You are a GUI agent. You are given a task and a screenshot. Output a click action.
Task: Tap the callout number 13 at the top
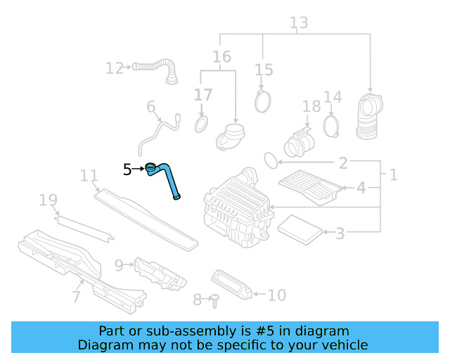[x=299, y=23]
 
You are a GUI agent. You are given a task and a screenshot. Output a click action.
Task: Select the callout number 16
[x=221, y=56]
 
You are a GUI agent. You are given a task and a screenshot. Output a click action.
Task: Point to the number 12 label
[x=115, y=68]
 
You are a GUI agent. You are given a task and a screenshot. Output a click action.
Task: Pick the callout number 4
[x=361, y=188]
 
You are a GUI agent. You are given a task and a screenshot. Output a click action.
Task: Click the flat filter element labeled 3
[x=300, y=227]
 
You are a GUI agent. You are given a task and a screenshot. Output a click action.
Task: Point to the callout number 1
[x=393, y=174]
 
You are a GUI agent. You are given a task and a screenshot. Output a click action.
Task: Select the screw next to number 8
[x=213, y=300]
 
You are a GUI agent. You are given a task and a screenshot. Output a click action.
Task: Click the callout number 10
[x=277, y=295]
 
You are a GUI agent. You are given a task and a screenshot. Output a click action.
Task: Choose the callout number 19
[x=48, y=202]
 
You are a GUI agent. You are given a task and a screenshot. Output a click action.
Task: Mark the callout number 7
[x=76, y=297]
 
